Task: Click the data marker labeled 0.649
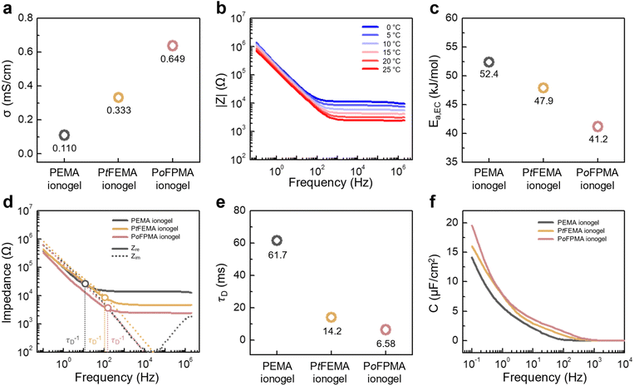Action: [x=173, y=46]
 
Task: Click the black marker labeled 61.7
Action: [x=277, y=240]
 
